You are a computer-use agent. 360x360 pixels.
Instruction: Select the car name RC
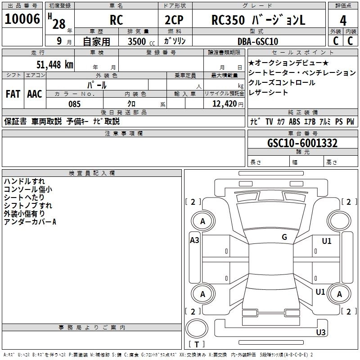(x=116, y=21)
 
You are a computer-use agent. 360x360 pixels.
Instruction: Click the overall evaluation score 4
(x=343, y=21)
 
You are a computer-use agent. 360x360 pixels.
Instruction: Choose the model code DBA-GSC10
(x=257, y=41)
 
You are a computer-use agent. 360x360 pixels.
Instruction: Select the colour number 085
(x=75, y=104)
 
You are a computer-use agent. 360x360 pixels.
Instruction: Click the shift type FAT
(x=13, y=94)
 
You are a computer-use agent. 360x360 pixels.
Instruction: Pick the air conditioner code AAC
(x=35, y=94)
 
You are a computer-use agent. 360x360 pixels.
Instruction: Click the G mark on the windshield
(x=284, y=237)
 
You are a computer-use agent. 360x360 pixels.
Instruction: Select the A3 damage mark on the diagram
(x=194, y=240)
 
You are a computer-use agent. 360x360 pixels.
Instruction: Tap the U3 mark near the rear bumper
(x=320, y=333)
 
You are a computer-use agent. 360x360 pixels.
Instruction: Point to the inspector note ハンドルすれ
(x=24, y=181)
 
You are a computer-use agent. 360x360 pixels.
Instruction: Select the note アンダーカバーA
(x=30, y=222)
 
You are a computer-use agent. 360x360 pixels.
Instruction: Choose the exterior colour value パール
(x=96, y=85)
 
